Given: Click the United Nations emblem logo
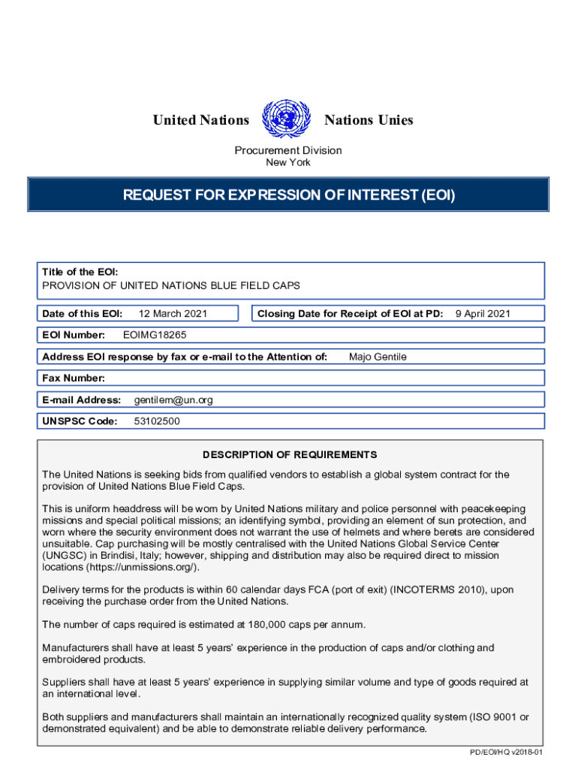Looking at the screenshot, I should [286, 119].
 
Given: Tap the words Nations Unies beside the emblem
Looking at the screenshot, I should [368, 120].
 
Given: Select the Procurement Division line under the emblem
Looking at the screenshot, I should [288, 150].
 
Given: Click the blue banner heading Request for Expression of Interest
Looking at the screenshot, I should [289, 196].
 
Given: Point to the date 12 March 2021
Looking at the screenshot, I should [173, 314].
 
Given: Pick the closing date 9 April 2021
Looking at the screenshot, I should [483, 314].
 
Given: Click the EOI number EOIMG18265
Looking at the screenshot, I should [155, 335].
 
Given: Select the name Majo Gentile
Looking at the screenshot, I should [378, 357].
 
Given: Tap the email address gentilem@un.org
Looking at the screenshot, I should [173, 400].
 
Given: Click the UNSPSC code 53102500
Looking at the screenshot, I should [157, 421].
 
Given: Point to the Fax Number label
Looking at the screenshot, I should [74, 378].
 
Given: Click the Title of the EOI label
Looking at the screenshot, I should [80, 272].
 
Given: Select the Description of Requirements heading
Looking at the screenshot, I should [290, 455].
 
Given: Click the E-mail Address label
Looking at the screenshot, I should [82, 400].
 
